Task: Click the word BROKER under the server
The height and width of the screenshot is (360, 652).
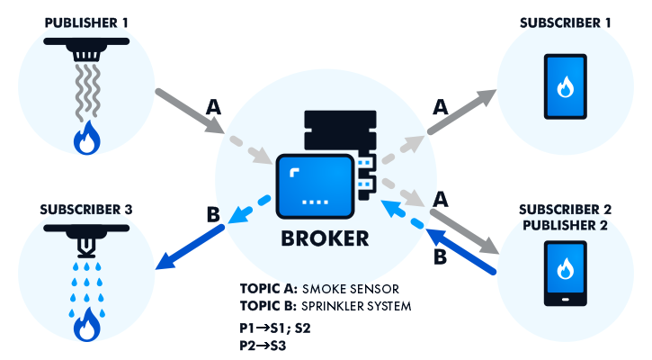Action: (326, 238)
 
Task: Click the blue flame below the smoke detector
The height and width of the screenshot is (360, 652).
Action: (86, 139)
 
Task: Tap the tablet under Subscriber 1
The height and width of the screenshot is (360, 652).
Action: (565, 87)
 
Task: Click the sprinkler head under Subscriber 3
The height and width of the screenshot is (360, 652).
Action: (86, 238)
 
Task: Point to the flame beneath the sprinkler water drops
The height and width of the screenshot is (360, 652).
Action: (86, 326)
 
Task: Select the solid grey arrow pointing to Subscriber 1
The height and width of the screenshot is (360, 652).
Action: (463, 112)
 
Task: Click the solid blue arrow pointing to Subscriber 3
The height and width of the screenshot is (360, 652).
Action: (189, 247)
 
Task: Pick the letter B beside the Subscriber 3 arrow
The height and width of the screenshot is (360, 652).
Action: (212, 215)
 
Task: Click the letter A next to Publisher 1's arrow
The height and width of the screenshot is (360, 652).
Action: (212, 106)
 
